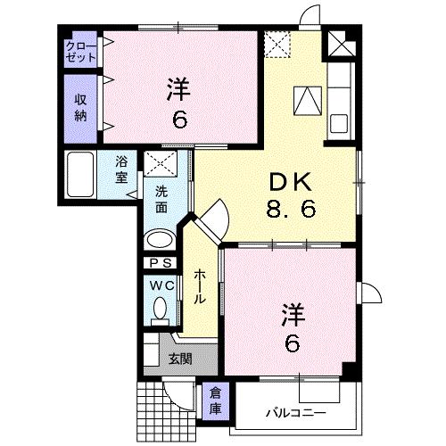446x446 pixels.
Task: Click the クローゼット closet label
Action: pyautogui.click(x=80, y=52)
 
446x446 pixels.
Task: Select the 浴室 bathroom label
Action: pyautogui.click(x=122, y=169)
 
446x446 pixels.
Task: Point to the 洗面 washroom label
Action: pyautogui.click(x=161, y=199)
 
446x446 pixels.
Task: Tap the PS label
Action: pyautogui.click(x=161, y=263)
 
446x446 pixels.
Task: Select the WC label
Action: pyautogui.click(x=161, y=285)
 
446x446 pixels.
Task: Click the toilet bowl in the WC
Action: pyautogui.click(x=161, y=309)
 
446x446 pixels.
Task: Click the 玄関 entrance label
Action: pyautogui.click(x=179, y=359)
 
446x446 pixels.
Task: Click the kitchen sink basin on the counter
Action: pyautogui.click(x=339, y=121)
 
